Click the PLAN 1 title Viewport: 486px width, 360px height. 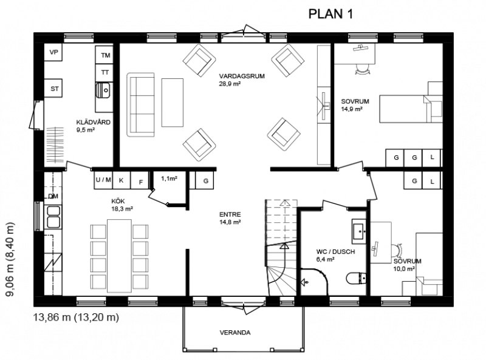tap(330, 14)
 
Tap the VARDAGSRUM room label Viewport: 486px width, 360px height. tap(242, 76)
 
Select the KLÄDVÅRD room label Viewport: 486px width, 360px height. tap(94, 122)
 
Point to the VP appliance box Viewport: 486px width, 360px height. tap(53, 52)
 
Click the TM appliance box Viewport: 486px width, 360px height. tap(104, 55)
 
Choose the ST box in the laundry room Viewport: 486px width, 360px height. tap(53, 89)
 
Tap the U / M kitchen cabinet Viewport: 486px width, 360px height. tap(103, 180)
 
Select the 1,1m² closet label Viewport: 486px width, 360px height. tap(169, 178)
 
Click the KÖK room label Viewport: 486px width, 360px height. tap(118, 202)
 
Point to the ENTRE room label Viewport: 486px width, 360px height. tap(230, 214)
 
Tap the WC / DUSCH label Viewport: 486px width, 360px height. tap(335, 251)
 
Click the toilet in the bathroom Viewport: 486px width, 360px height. tap(356, 278)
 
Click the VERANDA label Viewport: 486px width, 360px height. tap(235, 333)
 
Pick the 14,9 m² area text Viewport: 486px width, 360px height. tap(352, 109)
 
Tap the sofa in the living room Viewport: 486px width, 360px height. tap(140, 104)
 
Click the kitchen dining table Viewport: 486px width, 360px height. tap(119, 256)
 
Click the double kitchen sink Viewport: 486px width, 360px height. tap(53, 217)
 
